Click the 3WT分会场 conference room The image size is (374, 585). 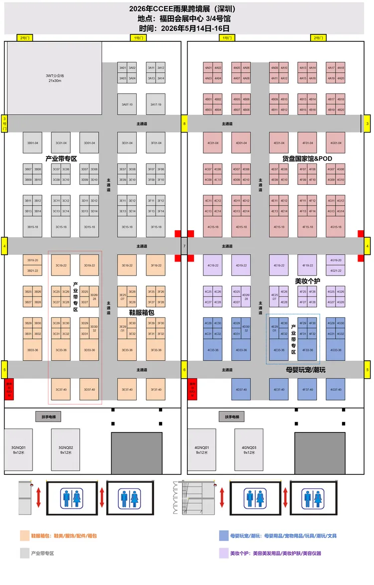point(55,78)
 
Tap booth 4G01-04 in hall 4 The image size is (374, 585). point(336,143)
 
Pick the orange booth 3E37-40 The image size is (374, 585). point(127,389)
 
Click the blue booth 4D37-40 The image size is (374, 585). point(241,389)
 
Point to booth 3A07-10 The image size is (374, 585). point(127,104)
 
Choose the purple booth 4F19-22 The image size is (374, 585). point(307,265)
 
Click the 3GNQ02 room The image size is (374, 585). point(66,450)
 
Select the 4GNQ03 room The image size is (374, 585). point(249,450)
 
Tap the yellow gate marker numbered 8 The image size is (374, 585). point(184,124)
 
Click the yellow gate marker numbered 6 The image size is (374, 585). point(184,370)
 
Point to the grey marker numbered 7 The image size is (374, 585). point(184,246)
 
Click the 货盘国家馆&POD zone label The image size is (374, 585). point(307,158)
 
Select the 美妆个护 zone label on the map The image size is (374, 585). point(308,281)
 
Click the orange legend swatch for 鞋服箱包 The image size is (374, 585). point(25,536)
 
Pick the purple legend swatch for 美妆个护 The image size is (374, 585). point(224,553)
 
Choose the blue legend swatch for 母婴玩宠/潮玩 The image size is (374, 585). point(224,536)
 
